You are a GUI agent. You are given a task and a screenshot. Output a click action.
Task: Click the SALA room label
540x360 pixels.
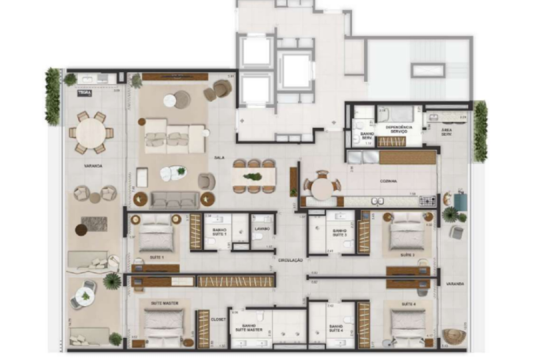tap(218, 157)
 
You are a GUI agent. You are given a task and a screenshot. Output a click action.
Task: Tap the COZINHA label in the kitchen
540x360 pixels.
tap(389, 180)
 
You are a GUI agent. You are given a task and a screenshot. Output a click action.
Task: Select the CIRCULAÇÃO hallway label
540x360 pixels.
tap(291, 259)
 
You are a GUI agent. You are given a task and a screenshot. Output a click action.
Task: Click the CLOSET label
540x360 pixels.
tap(218, 319)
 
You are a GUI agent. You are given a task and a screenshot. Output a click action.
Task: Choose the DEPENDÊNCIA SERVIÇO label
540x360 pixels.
tap(399, 129)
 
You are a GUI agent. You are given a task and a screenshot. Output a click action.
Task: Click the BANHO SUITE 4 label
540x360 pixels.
tap(335, 327)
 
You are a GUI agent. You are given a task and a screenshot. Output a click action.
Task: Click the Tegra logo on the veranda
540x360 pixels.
tap(84, 93)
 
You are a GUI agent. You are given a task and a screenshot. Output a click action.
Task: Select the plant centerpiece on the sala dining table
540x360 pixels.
tap(253, 177)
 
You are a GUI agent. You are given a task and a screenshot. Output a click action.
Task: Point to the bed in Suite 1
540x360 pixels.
tap(156, 235)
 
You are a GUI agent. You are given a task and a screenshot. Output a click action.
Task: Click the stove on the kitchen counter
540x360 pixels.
tap(427, 200)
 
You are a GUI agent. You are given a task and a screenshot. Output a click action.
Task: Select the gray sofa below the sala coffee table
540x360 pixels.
tap(174, 199)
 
